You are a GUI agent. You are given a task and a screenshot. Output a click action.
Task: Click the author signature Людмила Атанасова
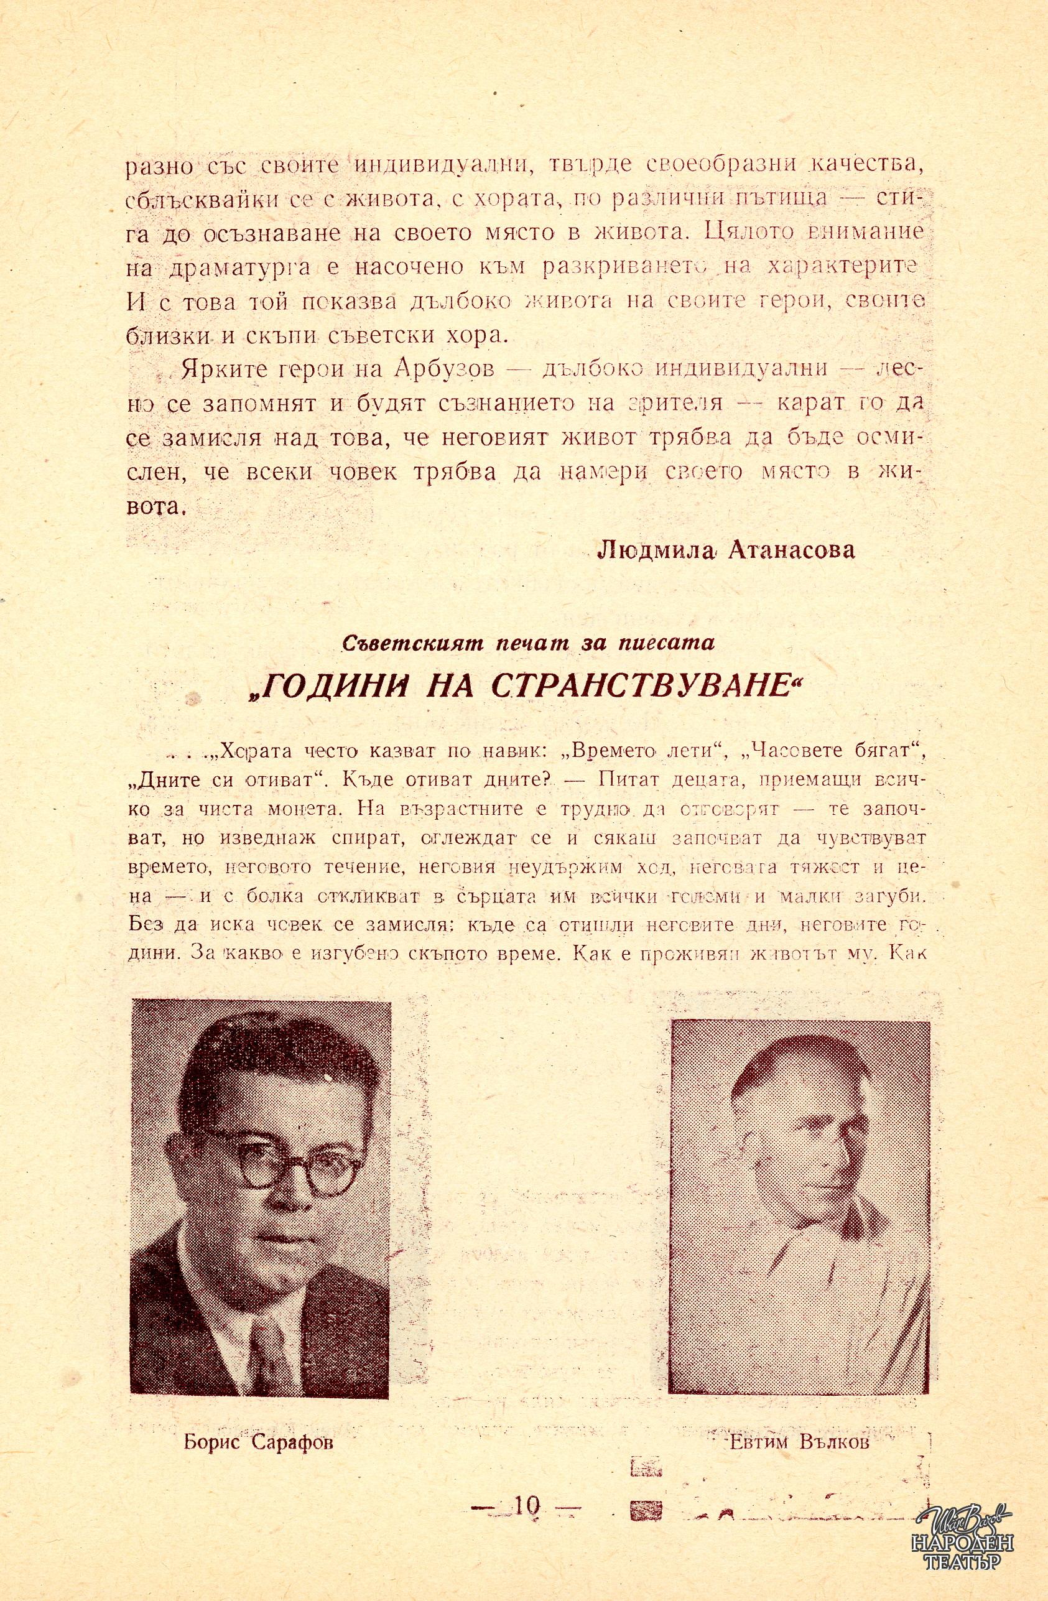726,550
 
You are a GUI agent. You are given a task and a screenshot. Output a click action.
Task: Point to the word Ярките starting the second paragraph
218,369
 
